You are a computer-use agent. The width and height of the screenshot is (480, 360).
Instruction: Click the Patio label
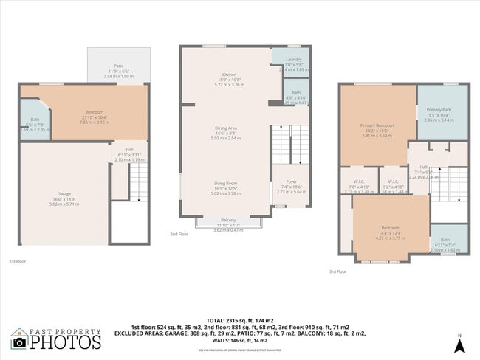point(118,66)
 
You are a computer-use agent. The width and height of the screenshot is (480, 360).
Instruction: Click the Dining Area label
point(226,128)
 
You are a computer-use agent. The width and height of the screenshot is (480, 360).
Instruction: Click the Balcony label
point(228,220)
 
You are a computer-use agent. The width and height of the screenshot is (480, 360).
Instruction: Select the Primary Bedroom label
point(377,125)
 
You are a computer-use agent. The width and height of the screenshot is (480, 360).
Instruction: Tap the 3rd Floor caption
point(337,272)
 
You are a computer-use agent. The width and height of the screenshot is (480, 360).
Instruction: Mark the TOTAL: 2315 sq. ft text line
point(240,318)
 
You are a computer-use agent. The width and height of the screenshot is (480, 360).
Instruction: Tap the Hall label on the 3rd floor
point(423,167)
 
